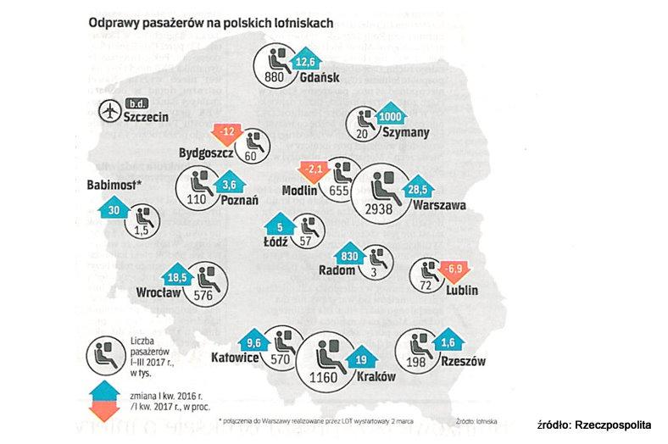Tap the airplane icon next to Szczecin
109,110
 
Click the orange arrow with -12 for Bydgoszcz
227,133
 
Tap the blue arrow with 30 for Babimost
114,208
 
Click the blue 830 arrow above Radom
350,256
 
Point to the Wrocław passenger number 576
203,296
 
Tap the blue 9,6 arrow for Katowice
253,341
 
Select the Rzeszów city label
463,362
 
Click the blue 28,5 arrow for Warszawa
417,189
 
